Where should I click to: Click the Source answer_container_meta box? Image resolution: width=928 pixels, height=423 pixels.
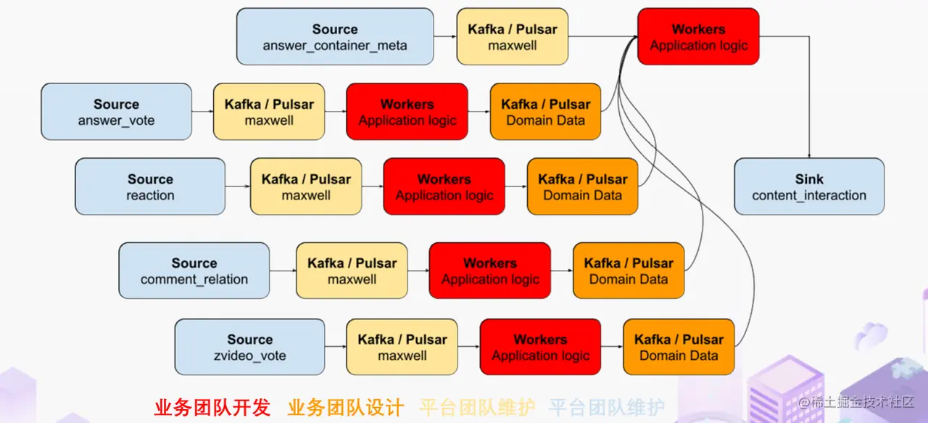335,36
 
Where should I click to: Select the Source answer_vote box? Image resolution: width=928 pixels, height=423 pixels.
117,112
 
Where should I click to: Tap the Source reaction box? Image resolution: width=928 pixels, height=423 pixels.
150,186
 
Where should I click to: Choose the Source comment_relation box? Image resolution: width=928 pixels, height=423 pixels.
194,271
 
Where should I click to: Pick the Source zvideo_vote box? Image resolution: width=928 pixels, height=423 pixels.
250,347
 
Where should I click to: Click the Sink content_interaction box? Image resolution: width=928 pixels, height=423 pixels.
809,186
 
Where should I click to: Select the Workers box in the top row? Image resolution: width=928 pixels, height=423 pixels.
698,36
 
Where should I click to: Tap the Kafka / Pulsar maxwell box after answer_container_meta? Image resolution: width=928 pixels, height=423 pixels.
513,36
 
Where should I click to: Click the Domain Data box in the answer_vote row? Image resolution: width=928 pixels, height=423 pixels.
546,112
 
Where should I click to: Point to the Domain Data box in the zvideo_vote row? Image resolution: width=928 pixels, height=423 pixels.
679,347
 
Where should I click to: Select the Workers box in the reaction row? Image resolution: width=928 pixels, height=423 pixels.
444,186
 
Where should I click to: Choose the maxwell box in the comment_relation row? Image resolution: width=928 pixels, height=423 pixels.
352,271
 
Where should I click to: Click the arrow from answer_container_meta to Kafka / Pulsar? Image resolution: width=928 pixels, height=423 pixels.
445,36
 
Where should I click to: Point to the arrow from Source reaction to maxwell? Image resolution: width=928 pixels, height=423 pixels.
238,186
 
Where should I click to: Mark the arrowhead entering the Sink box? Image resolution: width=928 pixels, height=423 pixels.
809,155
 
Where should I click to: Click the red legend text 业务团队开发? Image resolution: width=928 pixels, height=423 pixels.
212,407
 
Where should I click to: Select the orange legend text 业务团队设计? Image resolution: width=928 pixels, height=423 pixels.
346,407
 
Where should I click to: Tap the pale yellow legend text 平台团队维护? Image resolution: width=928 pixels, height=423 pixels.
477,407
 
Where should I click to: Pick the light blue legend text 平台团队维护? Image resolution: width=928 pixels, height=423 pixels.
607,407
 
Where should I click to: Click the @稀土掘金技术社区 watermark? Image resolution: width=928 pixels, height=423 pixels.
856,401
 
